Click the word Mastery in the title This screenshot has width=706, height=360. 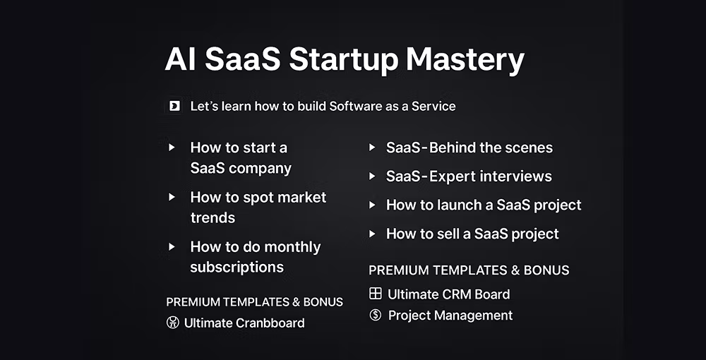click(x=465, y=60)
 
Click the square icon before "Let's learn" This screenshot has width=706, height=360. click(x=174, y=106)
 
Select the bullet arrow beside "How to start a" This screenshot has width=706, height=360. click(x=172, y=147)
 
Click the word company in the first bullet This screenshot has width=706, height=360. click(x=266, y=169)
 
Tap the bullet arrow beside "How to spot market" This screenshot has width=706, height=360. click(x=172, y=197)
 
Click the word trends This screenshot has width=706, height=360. click(x=213, y=218)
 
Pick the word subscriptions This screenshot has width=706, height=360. click(x=237, y=268)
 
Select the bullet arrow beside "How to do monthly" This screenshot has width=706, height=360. click(x=172, y=246)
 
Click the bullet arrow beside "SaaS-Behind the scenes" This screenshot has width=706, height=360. click(x=372, y=147)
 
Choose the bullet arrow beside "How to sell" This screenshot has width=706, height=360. click(x=372, y=234)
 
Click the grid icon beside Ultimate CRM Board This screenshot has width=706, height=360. click(x=375, y=294)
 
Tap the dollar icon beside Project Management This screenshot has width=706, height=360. click(x=375, y=315)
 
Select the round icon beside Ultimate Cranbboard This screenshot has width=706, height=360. click(x=172, y=322)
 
